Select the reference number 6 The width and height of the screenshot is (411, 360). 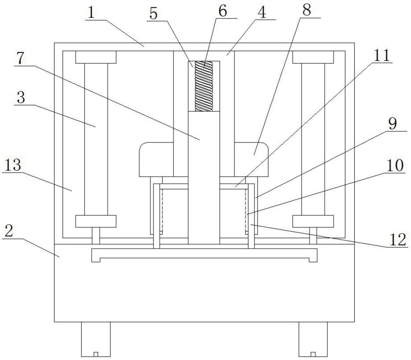[x=222, y=11]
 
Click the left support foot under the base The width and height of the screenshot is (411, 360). [x=96, y=339]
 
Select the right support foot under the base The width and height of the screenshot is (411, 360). [x=313, y=339]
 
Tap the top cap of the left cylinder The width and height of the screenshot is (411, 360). [x=96, y=57]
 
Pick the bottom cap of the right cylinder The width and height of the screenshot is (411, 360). [x=313, y=222]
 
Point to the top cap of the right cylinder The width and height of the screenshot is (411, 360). [x=313, y=57]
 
